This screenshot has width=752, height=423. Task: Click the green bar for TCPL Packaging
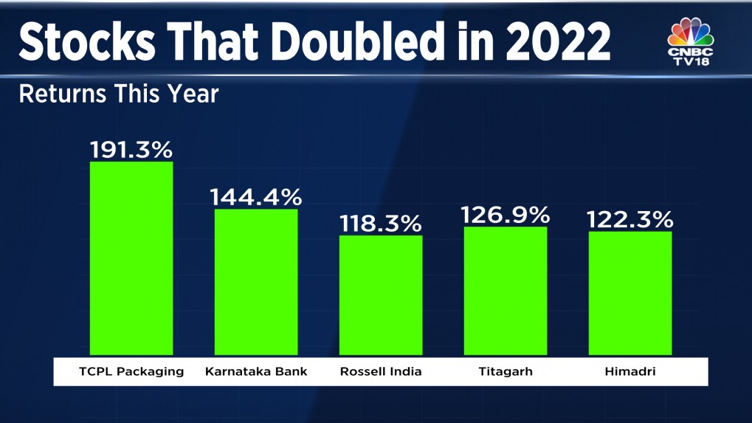[131, 258]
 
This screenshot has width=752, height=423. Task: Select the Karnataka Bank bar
[256, 281]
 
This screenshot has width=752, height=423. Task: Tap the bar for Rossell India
[381, 295]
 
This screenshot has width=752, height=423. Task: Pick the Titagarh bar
[506, 290]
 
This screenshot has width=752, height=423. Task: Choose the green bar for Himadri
[630, 292]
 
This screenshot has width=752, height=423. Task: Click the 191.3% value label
[131, 150]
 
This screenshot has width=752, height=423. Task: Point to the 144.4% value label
[256, 197]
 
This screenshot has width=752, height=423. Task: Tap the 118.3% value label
[381, 223]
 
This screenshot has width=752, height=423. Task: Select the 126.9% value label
[506, 215]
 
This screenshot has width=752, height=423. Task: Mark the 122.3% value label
[630, 219]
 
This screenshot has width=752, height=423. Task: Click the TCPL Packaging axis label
[131, 371]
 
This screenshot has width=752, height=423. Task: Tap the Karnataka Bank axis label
[256, 371]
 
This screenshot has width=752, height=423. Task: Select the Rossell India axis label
[381, 371]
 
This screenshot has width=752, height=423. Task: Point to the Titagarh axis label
[506, 371]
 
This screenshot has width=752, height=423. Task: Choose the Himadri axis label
[630, 371]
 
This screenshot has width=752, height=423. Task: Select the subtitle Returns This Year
[118, 94]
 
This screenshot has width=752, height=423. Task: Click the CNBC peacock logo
[691, 33]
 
